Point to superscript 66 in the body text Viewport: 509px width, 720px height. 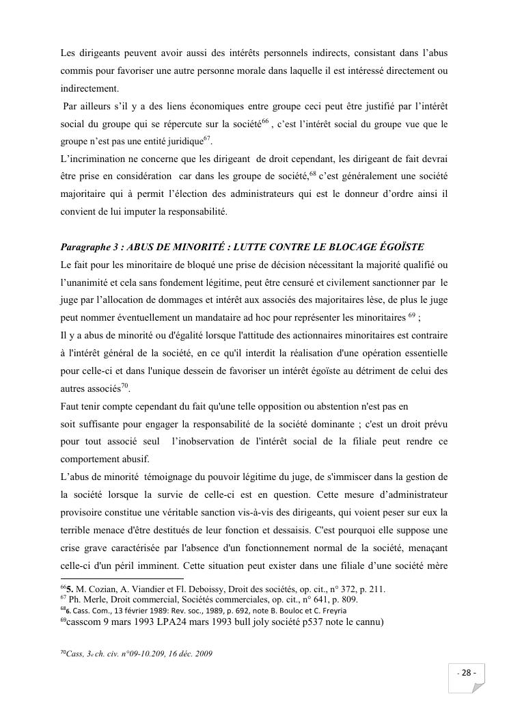coord(266,121)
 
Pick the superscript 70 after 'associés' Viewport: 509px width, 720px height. coord(125,386)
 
